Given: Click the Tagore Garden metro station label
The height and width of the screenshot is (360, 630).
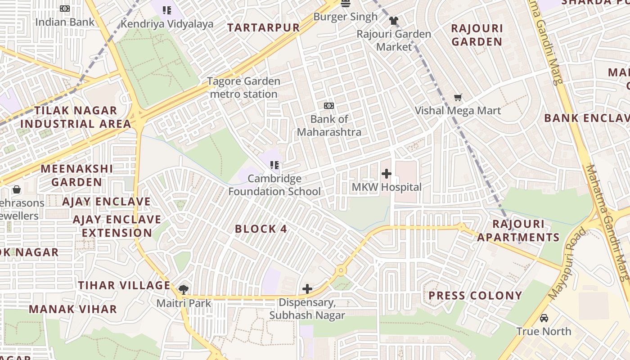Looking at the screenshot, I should (x=243, y=88).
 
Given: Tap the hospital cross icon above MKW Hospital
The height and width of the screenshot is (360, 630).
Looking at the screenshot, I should (x=386, y=174).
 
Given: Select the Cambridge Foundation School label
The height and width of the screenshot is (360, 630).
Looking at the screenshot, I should (x=274, y=185).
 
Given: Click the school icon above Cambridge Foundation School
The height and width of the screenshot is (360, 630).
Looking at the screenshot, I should (x=274, y=165).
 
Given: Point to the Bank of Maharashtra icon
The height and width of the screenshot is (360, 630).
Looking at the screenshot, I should (x=329, y=106).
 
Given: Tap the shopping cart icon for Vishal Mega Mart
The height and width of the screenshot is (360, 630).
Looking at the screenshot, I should (x=458, y=97).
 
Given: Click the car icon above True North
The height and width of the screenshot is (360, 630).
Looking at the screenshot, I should (x=544, y=318).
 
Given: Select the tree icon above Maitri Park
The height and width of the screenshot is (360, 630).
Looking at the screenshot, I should (x=184, y=289).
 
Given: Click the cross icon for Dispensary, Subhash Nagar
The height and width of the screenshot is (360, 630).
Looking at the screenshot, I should (x=307, y=288).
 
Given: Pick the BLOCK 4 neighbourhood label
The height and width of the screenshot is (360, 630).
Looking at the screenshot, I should (x=261, y=229).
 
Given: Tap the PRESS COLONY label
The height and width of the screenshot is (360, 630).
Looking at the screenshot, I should (x=475, y=296).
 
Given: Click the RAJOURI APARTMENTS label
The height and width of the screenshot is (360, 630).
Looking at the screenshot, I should (x=518, y=230).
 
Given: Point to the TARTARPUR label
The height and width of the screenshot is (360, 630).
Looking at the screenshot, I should (x=263, y=27).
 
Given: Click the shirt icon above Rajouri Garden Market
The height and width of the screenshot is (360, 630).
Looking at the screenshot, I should (x=394, y=21).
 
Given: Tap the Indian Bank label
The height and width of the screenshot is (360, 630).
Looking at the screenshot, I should (x=65, y=22).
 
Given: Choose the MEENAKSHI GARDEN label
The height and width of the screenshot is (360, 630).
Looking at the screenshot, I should (x=77, y=175).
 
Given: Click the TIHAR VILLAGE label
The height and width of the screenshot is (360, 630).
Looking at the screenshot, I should (x=124, y=285).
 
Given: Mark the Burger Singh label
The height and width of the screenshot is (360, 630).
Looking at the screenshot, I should (x=346, y=17).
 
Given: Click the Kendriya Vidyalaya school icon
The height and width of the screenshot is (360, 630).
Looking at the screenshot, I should (x=167, y=10).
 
